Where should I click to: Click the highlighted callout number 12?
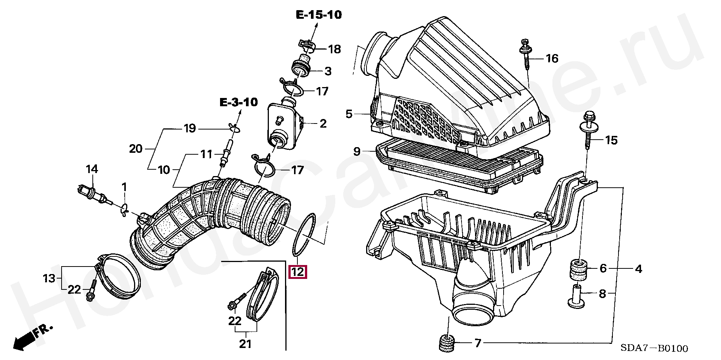pos(297,271)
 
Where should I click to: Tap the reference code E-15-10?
pos(319,15)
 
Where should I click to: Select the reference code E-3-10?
pos(239,102)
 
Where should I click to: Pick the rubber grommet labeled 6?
pos(578,269)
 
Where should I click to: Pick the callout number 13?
pos(49,278)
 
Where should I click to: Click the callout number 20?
pos(136,149)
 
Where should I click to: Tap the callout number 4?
pos(638,269)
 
